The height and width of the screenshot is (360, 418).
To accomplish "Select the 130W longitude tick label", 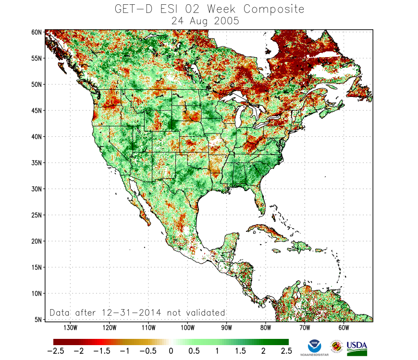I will pos(70,328).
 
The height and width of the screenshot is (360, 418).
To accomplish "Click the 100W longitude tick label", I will pos(187,328).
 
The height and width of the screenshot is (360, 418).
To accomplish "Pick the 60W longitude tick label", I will pos(343,328).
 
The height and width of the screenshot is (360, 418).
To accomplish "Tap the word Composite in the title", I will pos(274,10).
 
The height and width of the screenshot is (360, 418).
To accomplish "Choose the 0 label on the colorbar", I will pos(170,351).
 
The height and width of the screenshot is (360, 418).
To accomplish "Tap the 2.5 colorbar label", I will pos(285,351).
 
